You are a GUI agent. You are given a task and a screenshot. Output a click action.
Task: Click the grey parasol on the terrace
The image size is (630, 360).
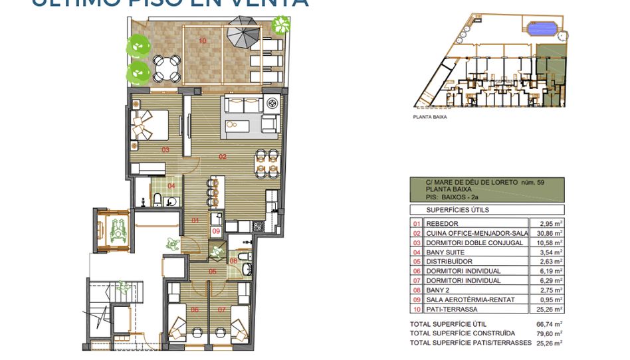click(243, 31)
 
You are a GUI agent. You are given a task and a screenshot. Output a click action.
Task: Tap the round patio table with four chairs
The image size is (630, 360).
click(167, 66)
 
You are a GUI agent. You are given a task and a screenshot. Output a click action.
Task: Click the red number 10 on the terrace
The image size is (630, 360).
click(202, 41)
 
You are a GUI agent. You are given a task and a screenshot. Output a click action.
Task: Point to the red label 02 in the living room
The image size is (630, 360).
click(223, 157)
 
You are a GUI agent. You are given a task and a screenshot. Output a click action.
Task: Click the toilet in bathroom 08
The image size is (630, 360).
click(247, 268)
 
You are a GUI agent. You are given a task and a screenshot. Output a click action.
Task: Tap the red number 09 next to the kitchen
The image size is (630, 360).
click(216, 230)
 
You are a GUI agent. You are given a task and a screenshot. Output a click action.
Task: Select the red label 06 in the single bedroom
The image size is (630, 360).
click(195, 310)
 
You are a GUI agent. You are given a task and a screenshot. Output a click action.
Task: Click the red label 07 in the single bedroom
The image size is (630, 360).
click(221, 310)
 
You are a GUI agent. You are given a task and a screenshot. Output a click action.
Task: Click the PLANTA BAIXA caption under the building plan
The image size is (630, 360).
click(430, 116)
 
